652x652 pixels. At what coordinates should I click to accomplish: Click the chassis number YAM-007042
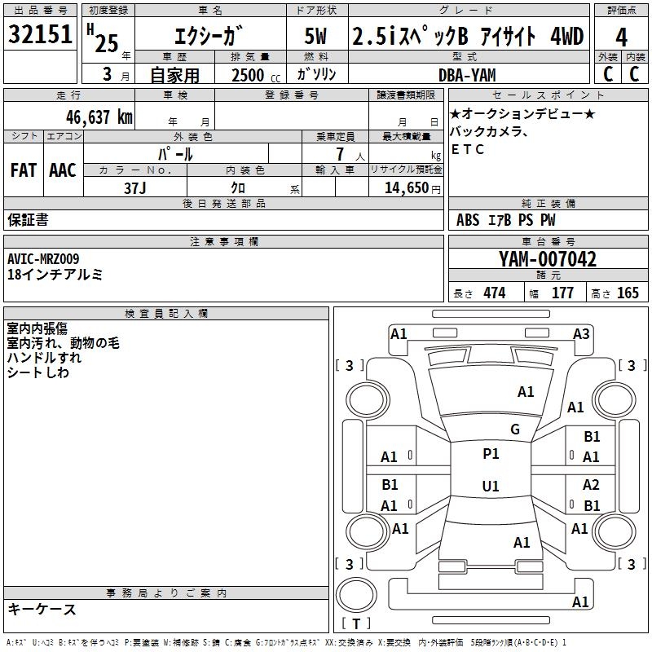click(547, 260)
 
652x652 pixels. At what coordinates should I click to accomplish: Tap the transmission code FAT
click(24, 170)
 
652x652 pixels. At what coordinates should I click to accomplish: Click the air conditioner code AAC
click(62, 170)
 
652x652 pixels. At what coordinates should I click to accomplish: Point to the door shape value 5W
click(318, 37)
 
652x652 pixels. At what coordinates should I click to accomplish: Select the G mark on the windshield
click(515, 429)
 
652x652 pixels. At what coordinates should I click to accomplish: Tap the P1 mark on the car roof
click(491, 454)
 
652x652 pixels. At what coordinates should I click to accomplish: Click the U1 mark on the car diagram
click(491, 486)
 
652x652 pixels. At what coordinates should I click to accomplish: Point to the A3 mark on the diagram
click(581, 333)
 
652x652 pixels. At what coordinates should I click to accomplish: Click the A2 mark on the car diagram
click(592, 485)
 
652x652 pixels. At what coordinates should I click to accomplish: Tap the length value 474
click(494, 293)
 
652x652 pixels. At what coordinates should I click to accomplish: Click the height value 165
click(628, 293)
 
